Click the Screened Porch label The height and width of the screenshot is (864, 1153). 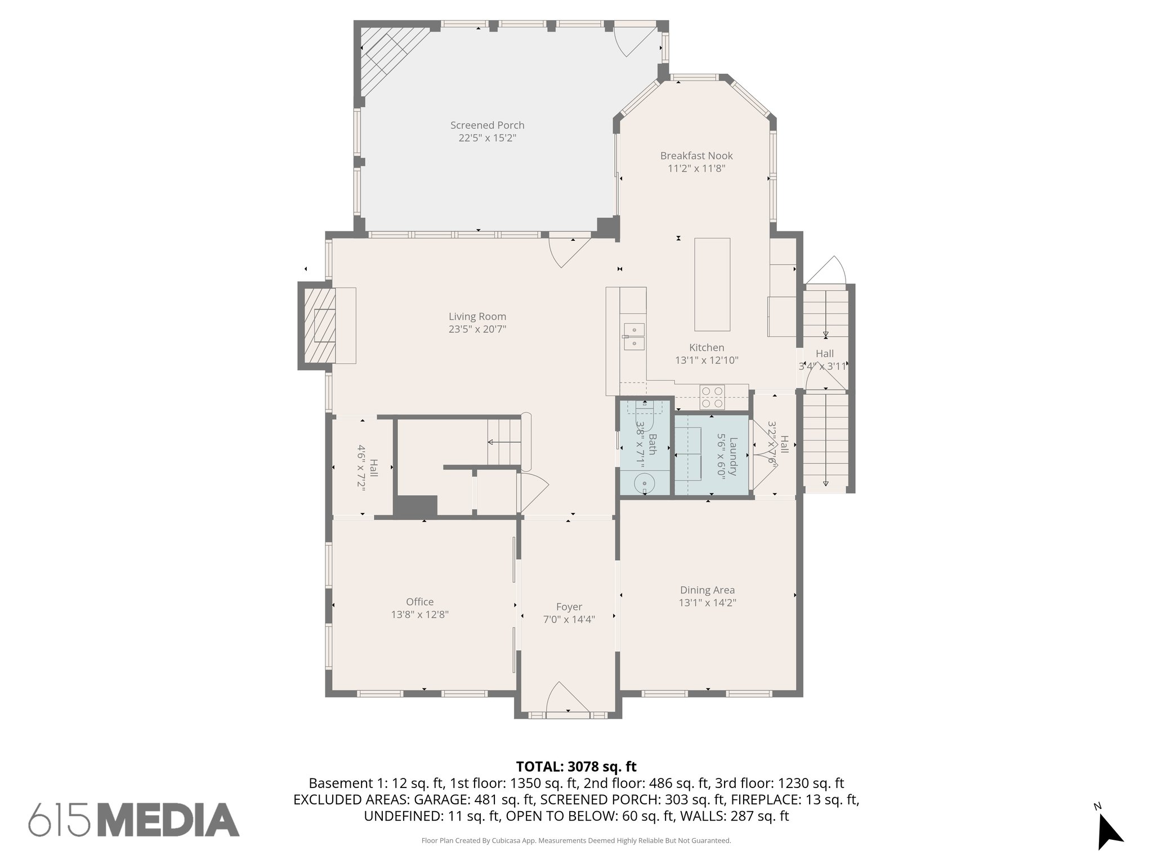coord(487,125)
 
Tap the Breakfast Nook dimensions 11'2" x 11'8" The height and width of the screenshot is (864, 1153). coord(696,168)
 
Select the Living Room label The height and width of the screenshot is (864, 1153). coord(477,317)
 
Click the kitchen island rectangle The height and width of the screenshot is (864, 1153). coord(712,284)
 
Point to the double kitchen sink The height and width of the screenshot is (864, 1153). coord(634,336)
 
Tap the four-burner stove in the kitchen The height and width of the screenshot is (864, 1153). coord(712,397)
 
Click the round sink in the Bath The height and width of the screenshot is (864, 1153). coord(643,482)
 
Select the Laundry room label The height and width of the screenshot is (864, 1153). coord(732,456)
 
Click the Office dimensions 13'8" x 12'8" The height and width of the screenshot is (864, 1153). coord(419,615)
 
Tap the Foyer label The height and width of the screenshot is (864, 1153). coord(569,607)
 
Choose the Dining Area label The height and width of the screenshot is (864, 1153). coord(707,590)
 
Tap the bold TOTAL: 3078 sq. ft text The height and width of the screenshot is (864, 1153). coord(576,767)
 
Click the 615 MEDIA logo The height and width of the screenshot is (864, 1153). coord(134,820)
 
